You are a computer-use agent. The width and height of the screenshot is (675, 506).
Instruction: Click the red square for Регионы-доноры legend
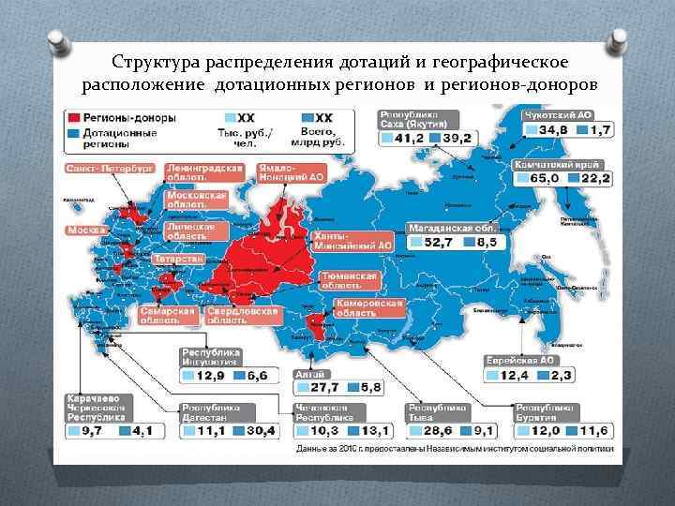point(71,119)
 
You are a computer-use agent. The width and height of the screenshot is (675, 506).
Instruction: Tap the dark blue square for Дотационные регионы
point(71,134)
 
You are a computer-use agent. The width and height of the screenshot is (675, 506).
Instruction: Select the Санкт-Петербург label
point(109,168)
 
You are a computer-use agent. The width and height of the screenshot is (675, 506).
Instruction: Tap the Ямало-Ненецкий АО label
point(292,171)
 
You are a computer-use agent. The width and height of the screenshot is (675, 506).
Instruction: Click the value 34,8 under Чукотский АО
point(552,129)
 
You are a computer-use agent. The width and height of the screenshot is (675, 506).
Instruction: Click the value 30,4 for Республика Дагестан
point(260,430)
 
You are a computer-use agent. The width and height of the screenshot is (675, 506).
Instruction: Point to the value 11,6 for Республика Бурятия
point(592,430)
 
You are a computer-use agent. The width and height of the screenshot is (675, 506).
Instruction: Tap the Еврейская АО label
point(521,361)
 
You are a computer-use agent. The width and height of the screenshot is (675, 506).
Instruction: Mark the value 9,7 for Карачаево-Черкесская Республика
point(92,430)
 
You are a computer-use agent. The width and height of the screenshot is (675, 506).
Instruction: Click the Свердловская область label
point(242,315)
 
